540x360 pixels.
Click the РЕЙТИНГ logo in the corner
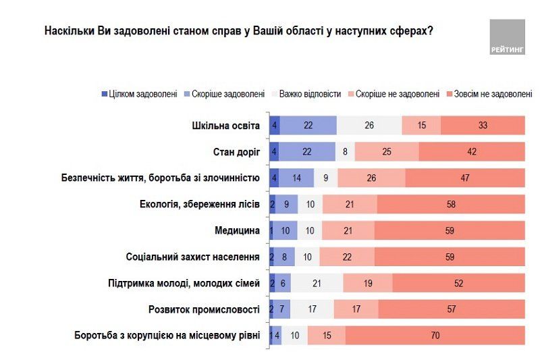coord(507,36)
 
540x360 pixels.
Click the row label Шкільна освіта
coord(227,126)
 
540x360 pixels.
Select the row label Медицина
coord(237,231)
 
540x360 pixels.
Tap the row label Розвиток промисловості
coord(204,309)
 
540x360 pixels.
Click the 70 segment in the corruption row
coord(435,336)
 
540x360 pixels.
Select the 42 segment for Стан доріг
coord(472,152)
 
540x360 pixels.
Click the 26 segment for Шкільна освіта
coord(369,126)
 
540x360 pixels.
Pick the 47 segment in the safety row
coord(465,178)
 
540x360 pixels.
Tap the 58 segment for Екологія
coord(451,205)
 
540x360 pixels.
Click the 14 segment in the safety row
coord(296,178)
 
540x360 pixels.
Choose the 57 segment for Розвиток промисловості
coord(452,309)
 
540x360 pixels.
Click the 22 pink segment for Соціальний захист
coord(347,257)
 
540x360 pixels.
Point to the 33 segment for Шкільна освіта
coord(483,126)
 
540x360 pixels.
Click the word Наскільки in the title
coord(67,31)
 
